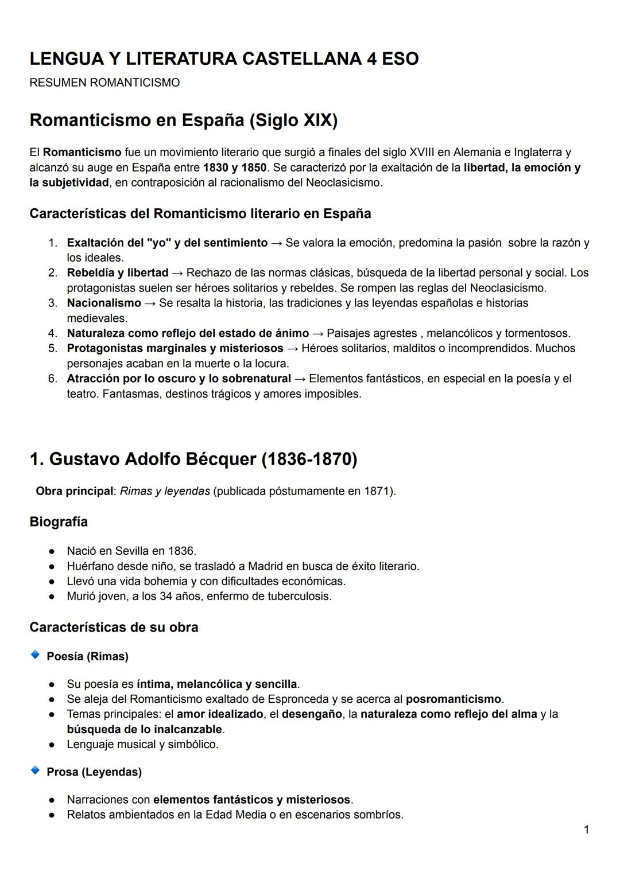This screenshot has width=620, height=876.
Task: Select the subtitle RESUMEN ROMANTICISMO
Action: click(104, 83)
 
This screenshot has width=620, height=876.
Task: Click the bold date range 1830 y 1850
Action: click(235, 168)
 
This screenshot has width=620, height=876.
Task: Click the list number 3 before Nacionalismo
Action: click(52, 303)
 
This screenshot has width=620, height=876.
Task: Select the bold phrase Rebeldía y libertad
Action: click(118, 272)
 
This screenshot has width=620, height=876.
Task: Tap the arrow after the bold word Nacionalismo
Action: click(150, 303)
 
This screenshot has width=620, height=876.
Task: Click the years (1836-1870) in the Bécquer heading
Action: click(309, 460)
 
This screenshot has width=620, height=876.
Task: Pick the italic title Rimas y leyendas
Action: click(165, 491)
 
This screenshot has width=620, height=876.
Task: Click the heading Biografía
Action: click(59, 522)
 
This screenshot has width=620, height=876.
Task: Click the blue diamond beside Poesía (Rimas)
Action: click(35, 655)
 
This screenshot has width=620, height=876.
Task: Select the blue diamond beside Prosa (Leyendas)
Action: click(35, 770)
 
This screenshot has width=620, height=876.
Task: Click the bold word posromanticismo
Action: click(454, 699)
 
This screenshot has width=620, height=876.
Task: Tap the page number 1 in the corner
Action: click(586, 830)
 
